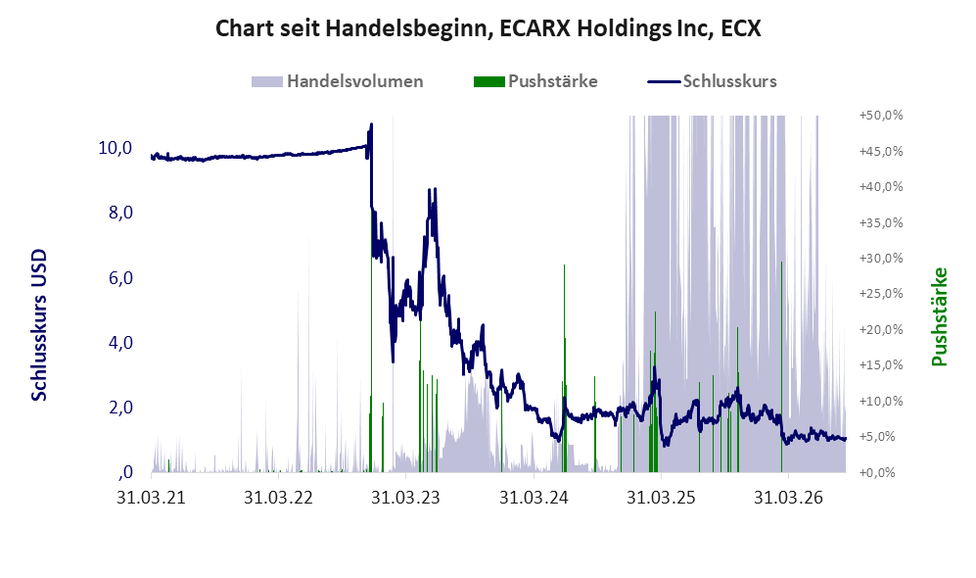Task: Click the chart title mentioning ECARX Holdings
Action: tap(488, 28)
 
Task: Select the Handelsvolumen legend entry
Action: tap(338, 81)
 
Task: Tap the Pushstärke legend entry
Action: tap(535, 81)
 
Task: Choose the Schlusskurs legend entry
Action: tap(712, 81)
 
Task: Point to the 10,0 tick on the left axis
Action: tap(116, 148)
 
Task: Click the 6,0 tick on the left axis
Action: tap(120, 278)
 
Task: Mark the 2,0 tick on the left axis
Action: tap(120, 408)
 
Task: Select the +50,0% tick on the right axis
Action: tap(881, 116)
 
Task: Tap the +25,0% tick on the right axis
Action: tap(881, 293)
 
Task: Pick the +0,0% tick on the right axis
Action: tap(881, 472)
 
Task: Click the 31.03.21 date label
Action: tap(152, 498)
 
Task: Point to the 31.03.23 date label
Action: tap(405, 498)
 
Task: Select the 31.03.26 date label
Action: tap(788, 498)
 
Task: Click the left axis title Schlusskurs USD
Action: tap(39, 324)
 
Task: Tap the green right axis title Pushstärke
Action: tap(939, 316)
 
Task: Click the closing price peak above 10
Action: tap(372, 124)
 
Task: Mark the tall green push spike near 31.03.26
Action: tap(782, 366)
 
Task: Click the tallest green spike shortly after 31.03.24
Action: tap(564, 367)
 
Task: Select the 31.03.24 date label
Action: tap(534, 498)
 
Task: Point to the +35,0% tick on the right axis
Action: tap(881, 222)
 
